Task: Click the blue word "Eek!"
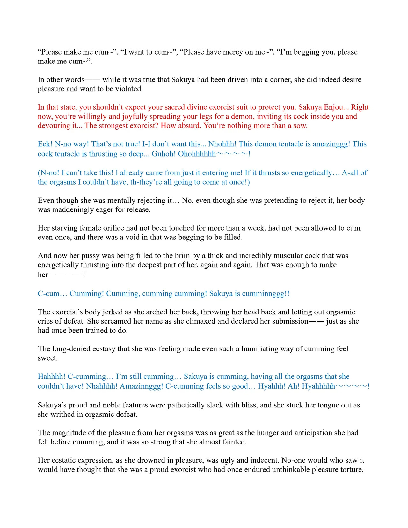coord(45,144)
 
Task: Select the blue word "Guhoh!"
coord(164,154)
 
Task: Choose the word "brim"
coord(193,256)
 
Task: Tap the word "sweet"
coord(47,358)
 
